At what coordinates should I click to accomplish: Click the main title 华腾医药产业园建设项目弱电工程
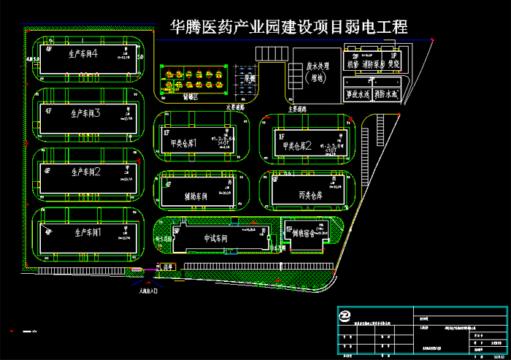tap(288, 28)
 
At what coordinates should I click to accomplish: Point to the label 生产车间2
tap(85, 172)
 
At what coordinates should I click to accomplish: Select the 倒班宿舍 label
tap(301, 234)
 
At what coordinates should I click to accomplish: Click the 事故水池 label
tap(358, 95)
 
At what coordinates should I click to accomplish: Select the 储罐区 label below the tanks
tap(191, 95)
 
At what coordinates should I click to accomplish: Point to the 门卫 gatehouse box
tap(169, 267)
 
